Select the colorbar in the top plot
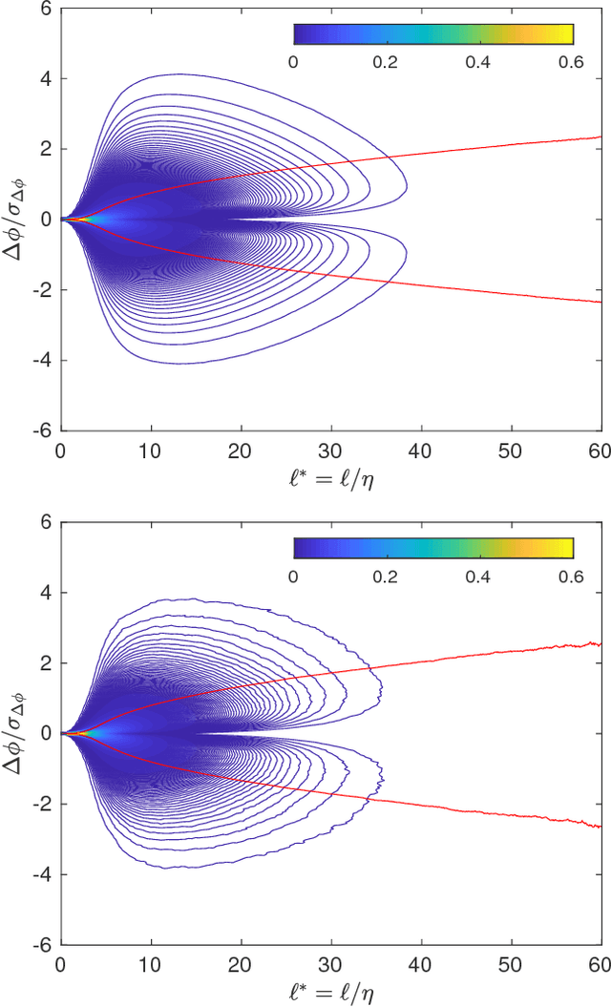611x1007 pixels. coord(432,34)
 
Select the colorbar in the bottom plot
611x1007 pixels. coord(432,548)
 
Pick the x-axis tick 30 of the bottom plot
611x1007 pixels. coord(330,962)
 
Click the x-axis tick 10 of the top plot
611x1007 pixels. coord(151,449)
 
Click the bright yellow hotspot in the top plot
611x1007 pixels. coord(80,219)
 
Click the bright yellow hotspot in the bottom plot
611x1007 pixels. coord(80,732)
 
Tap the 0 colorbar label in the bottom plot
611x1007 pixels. coord(293,575)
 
